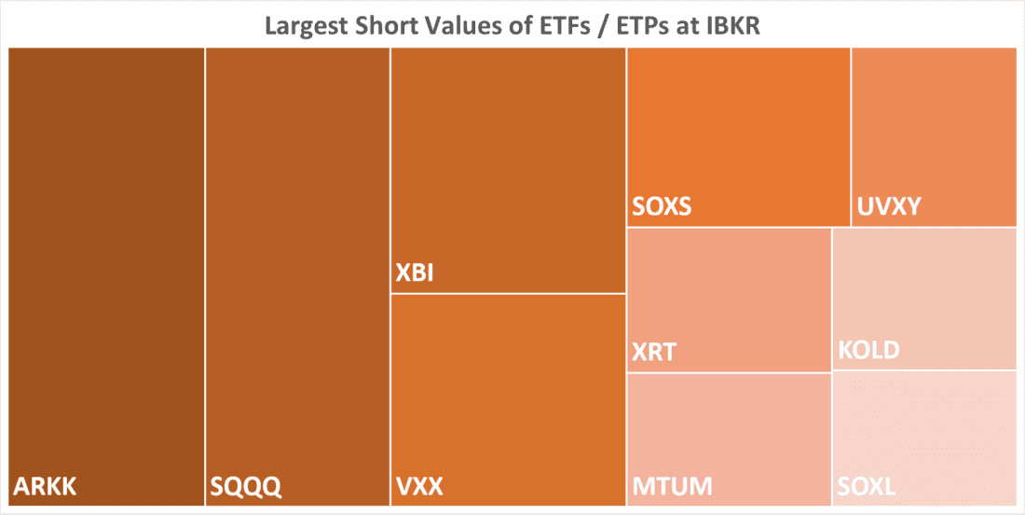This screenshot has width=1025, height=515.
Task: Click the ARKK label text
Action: (45, 486)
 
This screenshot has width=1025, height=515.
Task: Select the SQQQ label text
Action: (244, 486)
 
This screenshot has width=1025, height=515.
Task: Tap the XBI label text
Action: (415, 275)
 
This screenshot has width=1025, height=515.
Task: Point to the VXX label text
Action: (418, 486)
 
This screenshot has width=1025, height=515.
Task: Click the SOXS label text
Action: (662, 206)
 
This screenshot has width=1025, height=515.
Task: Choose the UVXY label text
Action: (888, 206)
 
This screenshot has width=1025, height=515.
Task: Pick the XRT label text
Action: (654, 353)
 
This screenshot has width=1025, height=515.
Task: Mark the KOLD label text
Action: (868, 351)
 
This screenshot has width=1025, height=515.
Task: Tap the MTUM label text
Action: (673, 486)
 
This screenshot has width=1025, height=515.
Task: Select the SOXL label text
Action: (867, 486)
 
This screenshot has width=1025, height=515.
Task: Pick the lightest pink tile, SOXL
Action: (923, 429)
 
